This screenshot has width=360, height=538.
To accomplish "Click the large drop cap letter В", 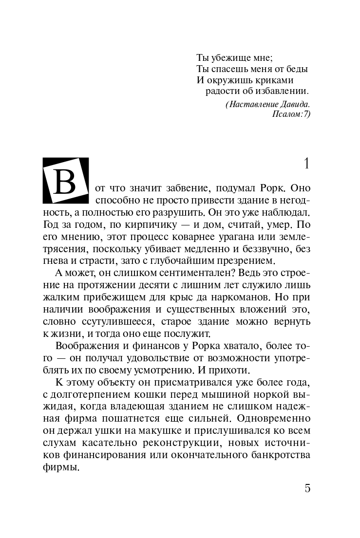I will pyautogui.click(x=66, y=181).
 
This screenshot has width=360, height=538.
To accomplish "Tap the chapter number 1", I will pyautogui.click(x=306, y=164).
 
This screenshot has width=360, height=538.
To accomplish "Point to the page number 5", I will pyautogui.click(x=307, y=488).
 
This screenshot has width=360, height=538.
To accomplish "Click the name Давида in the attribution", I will pyautogui.click(x=295, y=104).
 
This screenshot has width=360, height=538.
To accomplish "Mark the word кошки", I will pyautogui.click(x=158, y=394).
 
